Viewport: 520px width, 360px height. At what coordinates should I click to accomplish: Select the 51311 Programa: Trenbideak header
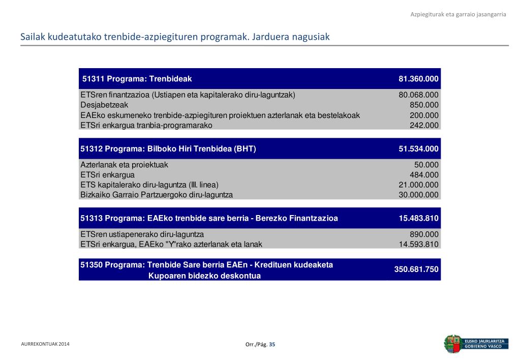point(137,79)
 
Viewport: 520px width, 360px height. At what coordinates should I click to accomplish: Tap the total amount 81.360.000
point(418,79)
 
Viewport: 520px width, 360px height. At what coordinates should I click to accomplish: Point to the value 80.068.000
point(418,95)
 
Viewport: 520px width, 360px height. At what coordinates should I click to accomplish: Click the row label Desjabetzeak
point(104,105)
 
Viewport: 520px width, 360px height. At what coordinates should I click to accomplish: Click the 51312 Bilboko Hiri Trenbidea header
point(168,149)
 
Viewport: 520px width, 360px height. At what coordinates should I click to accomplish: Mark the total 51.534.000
point(418,149)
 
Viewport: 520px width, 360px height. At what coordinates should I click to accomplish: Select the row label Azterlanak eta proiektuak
point(124,165)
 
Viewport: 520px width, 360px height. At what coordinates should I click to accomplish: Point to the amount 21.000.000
point(418,185)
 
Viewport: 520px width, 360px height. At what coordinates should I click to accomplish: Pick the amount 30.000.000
point(418,195)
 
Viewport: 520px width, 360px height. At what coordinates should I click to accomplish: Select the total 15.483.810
point(418,219)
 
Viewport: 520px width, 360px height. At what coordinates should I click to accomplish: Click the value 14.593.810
point(418,244)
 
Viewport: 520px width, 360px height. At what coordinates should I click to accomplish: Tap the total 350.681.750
point(416,269)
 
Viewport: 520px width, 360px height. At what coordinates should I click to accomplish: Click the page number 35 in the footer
point(272,345)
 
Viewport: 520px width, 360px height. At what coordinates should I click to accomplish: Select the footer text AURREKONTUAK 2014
point(45,344)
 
